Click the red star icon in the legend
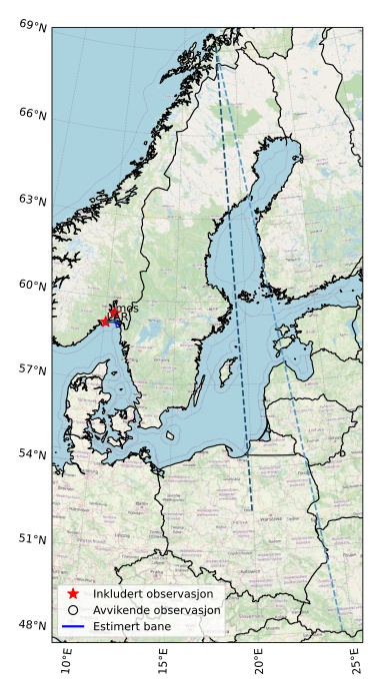(73, 593)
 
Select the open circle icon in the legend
(73, 609)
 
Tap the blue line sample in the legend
(73, 626)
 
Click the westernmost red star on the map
(105, 322)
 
